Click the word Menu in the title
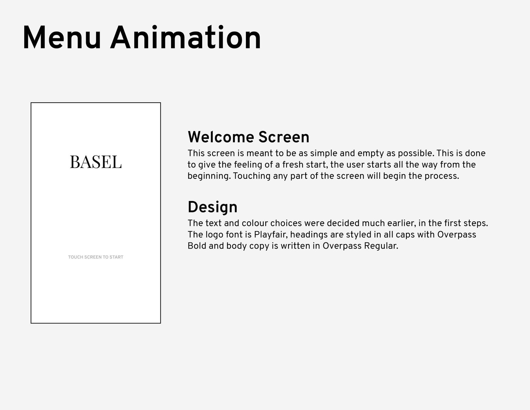[x=62, y=38]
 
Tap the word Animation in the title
[x=186, y=38]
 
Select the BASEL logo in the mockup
[x=96, y=162]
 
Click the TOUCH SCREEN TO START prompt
[x=96, y=257]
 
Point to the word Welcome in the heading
[x=221, y=137]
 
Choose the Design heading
[x=212, y=207]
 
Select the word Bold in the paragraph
[x=197, y=246]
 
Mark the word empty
[x=371, y=154]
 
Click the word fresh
[x=293, y=164]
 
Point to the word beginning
[x=209, y=176]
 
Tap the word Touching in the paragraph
[x=251, y=176]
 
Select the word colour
[x=255, y=223]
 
